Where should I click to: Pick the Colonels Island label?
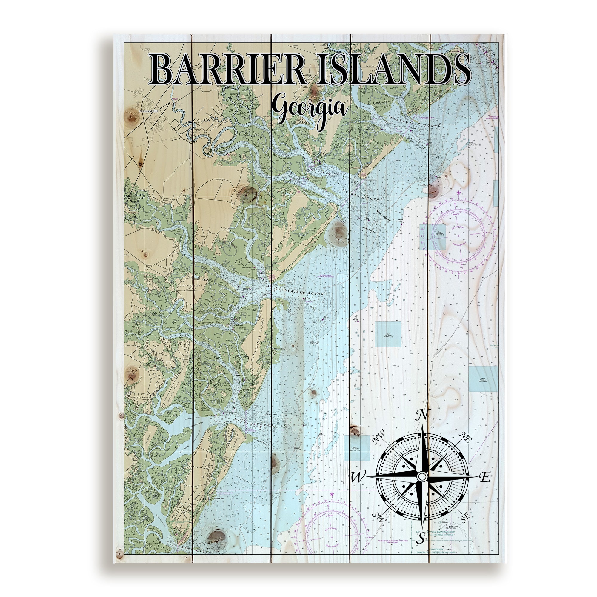190,286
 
